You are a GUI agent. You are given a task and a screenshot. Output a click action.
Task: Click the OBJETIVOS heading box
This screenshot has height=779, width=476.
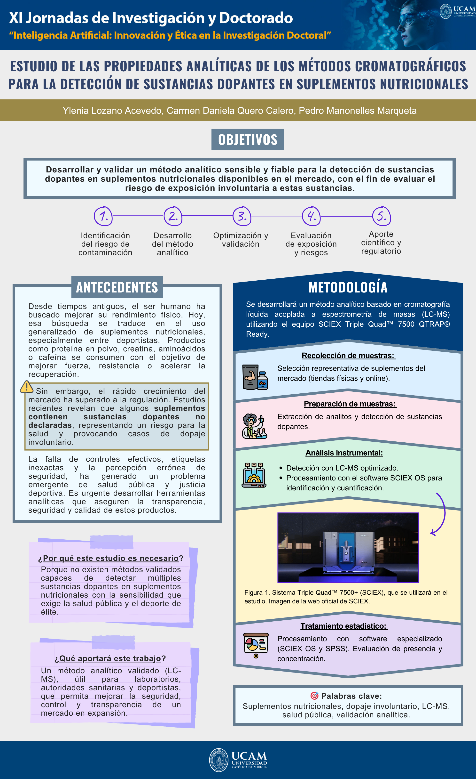(x=247, y=139)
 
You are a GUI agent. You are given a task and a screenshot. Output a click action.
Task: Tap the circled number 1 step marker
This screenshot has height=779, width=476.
(x=103, y=216)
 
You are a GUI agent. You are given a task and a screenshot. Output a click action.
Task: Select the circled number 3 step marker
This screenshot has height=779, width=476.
(x=242, y=216)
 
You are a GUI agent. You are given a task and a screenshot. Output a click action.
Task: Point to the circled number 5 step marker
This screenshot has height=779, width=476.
(x=382, y=216)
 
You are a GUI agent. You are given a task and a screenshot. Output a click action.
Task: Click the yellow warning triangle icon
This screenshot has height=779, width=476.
(x=27, y=387)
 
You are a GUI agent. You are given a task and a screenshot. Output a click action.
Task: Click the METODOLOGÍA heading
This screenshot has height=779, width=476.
(x=348, y=287)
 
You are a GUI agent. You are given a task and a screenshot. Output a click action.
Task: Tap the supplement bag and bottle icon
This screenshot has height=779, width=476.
(x=255, y=377)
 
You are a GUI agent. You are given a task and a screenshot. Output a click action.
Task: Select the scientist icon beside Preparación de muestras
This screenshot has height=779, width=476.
(x=254, y=426)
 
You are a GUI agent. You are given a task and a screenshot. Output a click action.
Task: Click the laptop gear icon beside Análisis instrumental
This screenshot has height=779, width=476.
(x=254, y=475)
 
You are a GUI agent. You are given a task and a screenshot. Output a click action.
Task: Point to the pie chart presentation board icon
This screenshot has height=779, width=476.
(x=256, y=645)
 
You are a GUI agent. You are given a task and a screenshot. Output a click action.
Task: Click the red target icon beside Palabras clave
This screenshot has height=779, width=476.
(x=314, y=696)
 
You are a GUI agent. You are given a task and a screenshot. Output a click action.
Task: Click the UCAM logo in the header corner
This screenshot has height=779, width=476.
(x=457, y=11)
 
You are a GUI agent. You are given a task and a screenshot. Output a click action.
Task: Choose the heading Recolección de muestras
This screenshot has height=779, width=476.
(x=348, y=356)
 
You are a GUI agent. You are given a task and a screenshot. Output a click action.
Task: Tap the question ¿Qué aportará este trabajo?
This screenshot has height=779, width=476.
(x=110, y=658)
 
